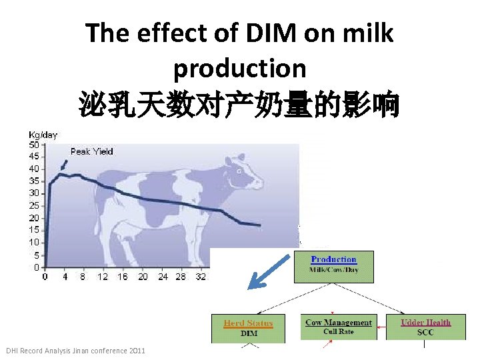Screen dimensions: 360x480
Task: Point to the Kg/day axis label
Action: (x=43, y=135)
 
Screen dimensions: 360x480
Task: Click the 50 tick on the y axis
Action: (x=33, y=144)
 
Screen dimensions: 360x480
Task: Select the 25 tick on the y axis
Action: (x=33, y=205)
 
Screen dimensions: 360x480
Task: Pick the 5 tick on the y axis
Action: (x=35, y=255)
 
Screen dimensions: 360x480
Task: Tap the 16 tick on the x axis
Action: (x=122, y=277)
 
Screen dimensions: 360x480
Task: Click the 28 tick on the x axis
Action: (x=181, y=277)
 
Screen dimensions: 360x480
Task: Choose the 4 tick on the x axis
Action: (x=65, y=277)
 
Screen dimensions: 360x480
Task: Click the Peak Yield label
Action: (x=92, y=151)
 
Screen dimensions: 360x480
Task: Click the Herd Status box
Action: (x=248, y=327)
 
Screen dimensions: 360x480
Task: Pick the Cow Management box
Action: (x=339, y=327)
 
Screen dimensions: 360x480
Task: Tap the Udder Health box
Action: (x=425, y=327)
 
